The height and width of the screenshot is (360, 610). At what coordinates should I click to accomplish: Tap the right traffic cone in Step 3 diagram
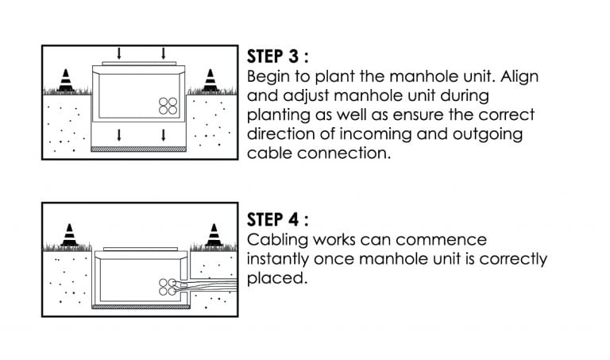click(210, 80)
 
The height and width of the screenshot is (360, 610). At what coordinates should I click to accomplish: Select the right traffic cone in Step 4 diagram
click(213, 235)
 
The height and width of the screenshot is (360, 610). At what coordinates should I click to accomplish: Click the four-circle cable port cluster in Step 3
click(168, 106)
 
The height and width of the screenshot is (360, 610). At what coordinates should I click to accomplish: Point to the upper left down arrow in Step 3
click(119, 53)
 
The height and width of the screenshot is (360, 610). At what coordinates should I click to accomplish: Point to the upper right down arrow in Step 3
click(163, 53)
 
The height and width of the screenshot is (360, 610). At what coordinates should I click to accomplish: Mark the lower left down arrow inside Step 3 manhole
click(119, 133)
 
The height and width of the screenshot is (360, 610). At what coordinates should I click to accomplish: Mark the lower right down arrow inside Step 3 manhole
click(163, 133)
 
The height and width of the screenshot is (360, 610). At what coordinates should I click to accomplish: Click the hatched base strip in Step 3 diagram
click(141, 148)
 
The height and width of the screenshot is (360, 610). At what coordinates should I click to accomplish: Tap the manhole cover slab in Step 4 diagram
click(141, 250)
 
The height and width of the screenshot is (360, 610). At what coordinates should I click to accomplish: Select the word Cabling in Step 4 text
click(275, 239)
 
